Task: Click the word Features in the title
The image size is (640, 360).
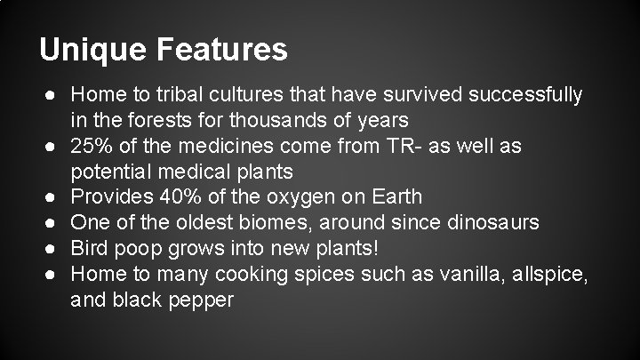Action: click(x=224, y=49)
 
